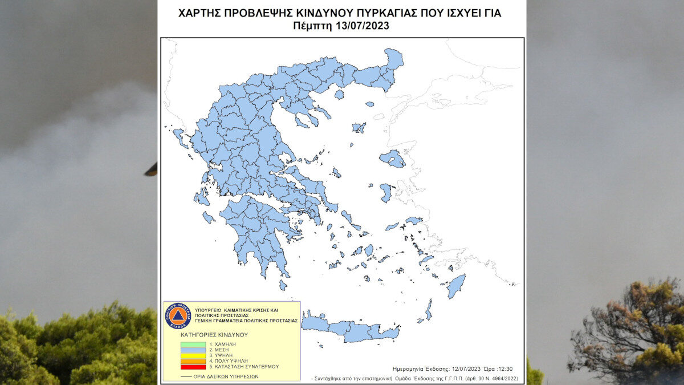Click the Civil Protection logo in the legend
(x=177, y=315)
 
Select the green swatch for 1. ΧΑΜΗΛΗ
(x=193, y=345)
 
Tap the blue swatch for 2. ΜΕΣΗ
(x=193, y=352)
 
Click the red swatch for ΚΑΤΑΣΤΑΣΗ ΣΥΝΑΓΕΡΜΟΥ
(x=193, y=372)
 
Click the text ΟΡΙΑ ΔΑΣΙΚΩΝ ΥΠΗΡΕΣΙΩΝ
(x=234, y=376)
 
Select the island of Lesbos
(x=392, y=158)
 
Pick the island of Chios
(x=386, y=192)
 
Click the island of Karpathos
(x=429, y=310)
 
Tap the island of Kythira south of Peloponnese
(x=283, y=285)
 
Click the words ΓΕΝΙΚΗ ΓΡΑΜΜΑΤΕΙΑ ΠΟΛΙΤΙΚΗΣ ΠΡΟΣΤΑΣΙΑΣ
(x=249, y=321)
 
